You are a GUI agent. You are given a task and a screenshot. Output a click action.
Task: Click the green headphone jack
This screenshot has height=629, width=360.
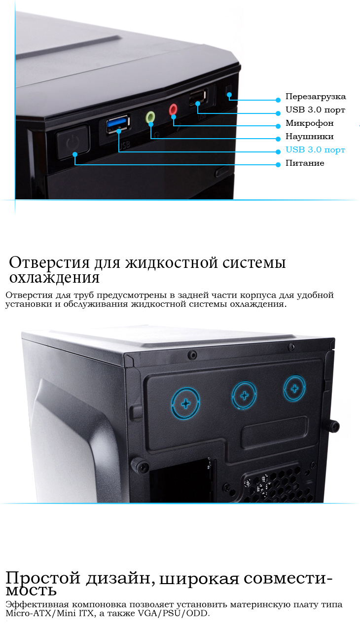150,117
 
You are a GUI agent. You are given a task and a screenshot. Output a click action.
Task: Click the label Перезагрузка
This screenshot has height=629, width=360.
316,97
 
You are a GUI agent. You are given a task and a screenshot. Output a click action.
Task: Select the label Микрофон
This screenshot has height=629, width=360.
310,123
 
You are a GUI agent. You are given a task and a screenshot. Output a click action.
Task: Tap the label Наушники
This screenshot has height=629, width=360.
310,137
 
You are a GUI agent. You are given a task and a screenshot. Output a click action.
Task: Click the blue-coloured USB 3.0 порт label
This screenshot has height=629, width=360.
315,149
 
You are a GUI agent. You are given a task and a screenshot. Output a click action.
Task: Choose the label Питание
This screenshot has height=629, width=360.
305,163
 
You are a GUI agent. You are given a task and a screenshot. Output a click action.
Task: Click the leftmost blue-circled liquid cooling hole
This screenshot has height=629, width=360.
185,403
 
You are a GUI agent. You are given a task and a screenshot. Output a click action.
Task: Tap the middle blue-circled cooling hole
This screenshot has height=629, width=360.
244,396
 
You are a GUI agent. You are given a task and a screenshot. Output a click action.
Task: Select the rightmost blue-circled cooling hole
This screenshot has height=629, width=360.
294,389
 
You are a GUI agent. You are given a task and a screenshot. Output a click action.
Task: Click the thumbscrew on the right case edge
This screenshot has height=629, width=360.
334,426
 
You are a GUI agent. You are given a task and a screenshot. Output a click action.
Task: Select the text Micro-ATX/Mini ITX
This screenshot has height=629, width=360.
49,613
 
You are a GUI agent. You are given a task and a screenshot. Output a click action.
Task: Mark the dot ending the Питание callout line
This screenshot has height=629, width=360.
278,165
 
